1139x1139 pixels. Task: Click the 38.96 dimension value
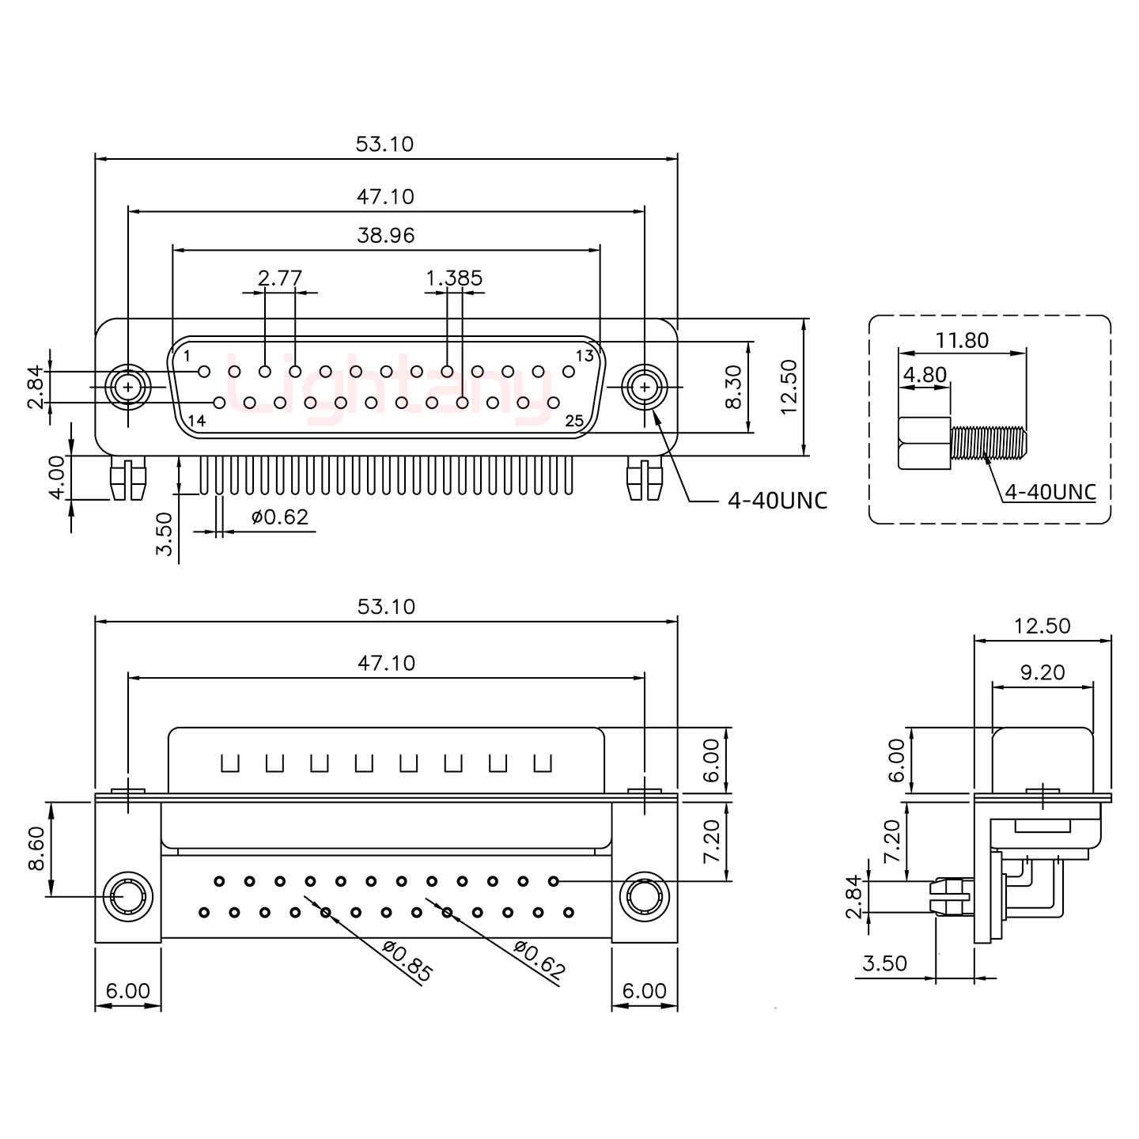[x=385, y=235]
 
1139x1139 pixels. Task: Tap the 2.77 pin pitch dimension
[x=280, y=278]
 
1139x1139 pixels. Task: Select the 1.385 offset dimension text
[x=454, y=278]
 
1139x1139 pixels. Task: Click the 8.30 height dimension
[x=734, y=388]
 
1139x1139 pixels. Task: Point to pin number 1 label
[x=187, y=356]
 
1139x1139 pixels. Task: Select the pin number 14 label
[x=197, y=421]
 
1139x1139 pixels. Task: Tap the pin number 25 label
[x=574, y=421]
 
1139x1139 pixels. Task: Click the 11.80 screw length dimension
[x=962, y=340]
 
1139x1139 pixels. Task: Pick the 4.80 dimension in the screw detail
[x=925, y=373]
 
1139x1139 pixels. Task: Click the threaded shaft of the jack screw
[x=989, y=443]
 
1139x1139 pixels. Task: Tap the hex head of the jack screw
[x=925, y=443]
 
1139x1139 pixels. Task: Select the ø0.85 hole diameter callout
[x=407, y=961]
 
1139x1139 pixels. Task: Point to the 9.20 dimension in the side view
[x=1043, y=672]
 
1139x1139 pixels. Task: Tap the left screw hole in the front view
[x=127, y=388]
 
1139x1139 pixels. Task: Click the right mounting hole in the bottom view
[x=644, y=898]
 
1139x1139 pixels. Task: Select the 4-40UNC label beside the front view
[x=777, y=500]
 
